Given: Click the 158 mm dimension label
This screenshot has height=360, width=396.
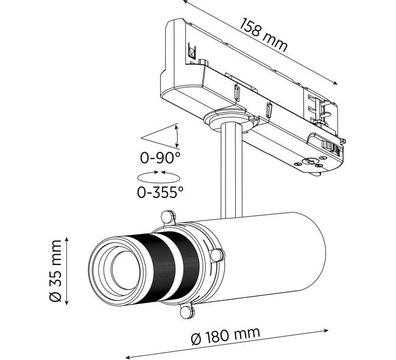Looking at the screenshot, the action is tap(263, 35).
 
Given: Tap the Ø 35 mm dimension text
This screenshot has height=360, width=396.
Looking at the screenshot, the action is tap(55, 271).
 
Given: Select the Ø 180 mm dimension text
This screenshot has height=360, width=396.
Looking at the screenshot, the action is tap(225, 336).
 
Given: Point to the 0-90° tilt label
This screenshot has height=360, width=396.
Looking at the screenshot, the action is tap(160, 158).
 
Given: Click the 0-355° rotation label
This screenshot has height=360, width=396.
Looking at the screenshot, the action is tap(160, 192).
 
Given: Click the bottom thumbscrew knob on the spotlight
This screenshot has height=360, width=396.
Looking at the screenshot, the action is tap(187, 312).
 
